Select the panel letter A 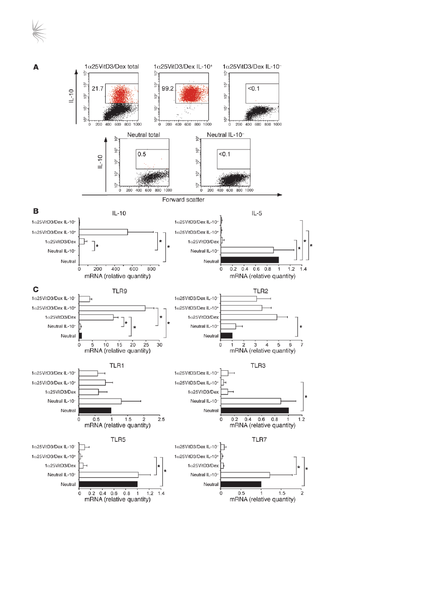tap(36, 67)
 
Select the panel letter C tap(36, 289)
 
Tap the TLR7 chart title tap(261, 439)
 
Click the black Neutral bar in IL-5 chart tap(250, 260)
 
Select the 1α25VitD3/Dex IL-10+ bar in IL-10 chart tap(103, 232)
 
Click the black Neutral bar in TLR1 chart tap(95, 411)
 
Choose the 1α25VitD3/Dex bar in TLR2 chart tap(249, 317)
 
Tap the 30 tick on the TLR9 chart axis tap(159, 345)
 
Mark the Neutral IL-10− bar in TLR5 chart tap(108, 475)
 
